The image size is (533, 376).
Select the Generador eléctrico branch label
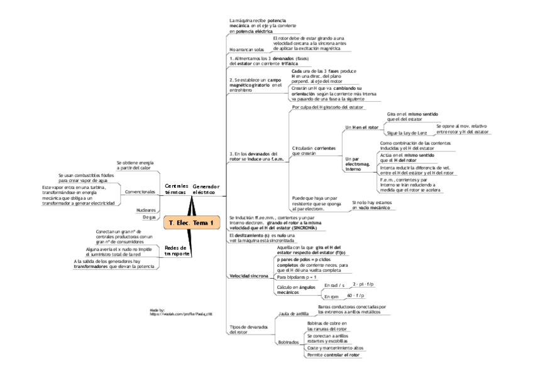pos(206,189)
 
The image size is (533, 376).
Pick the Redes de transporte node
pos(177,250)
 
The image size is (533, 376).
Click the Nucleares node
pos(146,209)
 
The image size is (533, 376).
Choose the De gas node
pos(149,217)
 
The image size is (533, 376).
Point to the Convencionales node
pos(140,191)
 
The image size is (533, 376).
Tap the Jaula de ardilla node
pos(292,312)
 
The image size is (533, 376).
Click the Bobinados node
pos(288,342)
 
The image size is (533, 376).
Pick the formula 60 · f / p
pos(356,295)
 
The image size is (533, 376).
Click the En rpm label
pos(331,296)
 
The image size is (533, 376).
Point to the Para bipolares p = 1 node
pos(297,277)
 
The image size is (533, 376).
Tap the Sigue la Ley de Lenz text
pos(406,133)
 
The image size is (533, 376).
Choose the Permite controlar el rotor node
pos(334,355)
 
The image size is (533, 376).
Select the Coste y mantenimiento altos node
pos(335,348)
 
